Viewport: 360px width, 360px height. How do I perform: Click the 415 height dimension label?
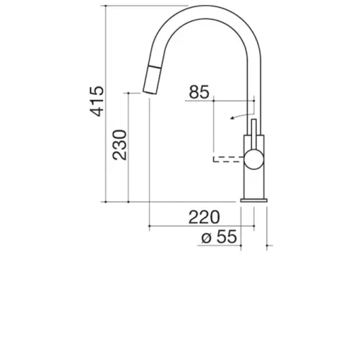coord(96,101)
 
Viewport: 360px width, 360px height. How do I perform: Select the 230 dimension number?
coord(120,145)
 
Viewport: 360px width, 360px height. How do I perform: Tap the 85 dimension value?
coord(199,92)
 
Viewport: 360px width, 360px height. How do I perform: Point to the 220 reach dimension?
coord(204,217)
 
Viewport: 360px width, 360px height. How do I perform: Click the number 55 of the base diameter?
coord(227,237)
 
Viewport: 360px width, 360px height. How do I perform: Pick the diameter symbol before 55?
coord(207,238)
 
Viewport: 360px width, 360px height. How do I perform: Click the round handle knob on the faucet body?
coord(254,159)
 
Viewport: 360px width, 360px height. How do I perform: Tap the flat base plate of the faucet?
coord(254,200)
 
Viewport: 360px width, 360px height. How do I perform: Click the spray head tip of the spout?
coord(150,93)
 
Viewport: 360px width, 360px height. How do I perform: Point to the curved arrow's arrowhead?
coord(232,117)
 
